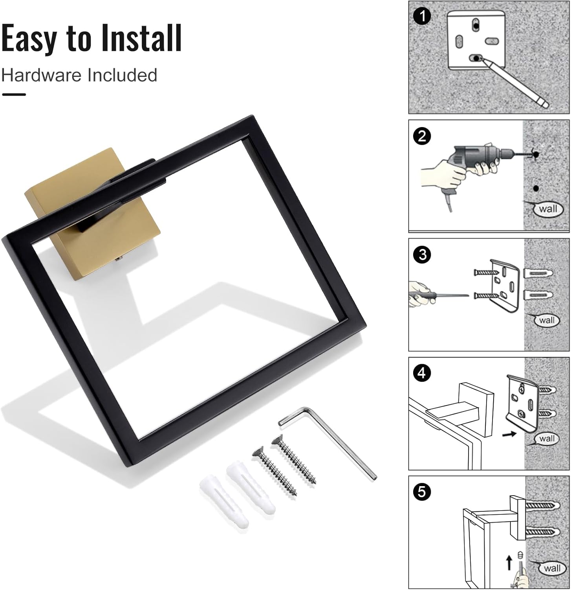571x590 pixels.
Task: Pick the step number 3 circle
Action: coord(422,254)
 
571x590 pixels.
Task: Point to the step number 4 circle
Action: coord(422,372)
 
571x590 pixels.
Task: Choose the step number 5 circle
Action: coord(422,492)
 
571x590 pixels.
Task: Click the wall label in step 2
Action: coord(547,208)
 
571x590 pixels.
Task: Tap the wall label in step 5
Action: coord(552,568)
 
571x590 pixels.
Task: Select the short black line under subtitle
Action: coord(14,94)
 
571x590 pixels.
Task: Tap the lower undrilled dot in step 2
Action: coord(536,188)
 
